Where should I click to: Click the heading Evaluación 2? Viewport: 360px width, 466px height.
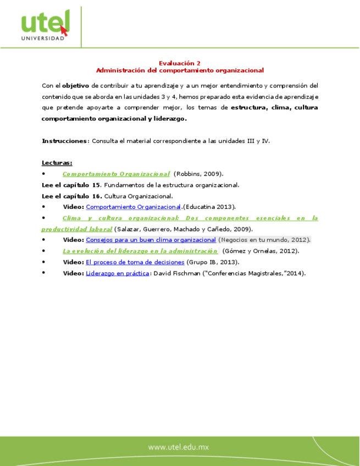tap(180, 63)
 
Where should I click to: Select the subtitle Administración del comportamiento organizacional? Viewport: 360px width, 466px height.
tap(180, 70)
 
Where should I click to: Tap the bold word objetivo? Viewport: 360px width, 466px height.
tap(76, 86)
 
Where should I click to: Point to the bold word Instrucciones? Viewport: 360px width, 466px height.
tap(64, 141)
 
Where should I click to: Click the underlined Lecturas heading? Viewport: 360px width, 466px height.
tap(57, 163)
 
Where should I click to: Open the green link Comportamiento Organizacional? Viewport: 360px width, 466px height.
tap(116, 174)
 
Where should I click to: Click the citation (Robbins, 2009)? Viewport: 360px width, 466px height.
tap(198, 174)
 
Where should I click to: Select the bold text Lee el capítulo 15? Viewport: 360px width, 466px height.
tap(71, 185)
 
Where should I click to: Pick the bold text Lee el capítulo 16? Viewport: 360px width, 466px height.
tap(71, 196)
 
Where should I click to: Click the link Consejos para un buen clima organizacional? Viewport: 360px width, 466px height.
tap(151, 240)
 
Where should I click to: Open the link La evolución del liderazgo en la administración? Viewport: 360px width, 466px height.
tap(140, 251)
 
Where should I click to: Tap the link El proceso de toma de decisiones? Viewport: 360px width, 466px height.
tap(135, 262)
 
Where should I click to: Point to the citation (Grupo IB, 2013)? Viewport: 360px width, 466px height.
tap(213, 262)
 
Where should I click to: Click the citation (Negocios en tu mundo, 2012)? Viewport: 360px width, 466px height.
tap(264, 240)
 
